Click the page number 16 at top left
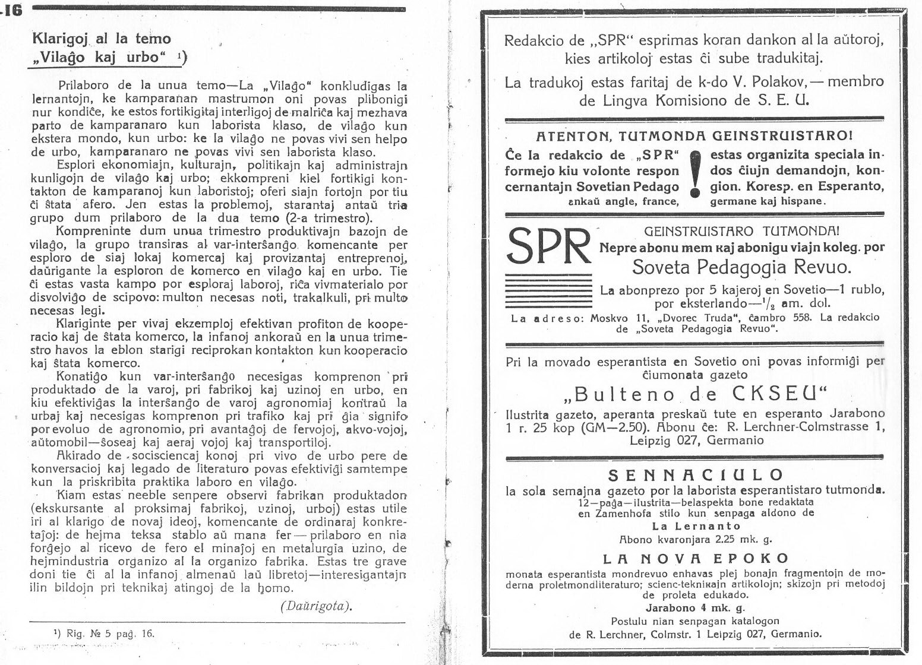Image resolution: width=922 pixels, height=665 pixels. [12, 10]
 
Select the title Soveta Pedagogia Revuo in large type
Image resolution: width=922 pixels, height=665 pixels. [741, 267]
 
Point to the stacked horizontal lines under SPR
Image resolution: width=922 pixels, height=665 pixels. [548, 288]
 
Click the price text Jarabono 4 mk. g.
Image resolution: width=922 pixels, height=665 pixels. [695, 607]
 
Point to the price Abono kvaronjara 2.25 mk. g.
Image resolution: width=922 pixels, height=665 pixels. [695, 540]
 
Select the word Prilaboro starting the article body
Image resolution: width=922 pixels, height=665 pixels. [84, 85]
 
